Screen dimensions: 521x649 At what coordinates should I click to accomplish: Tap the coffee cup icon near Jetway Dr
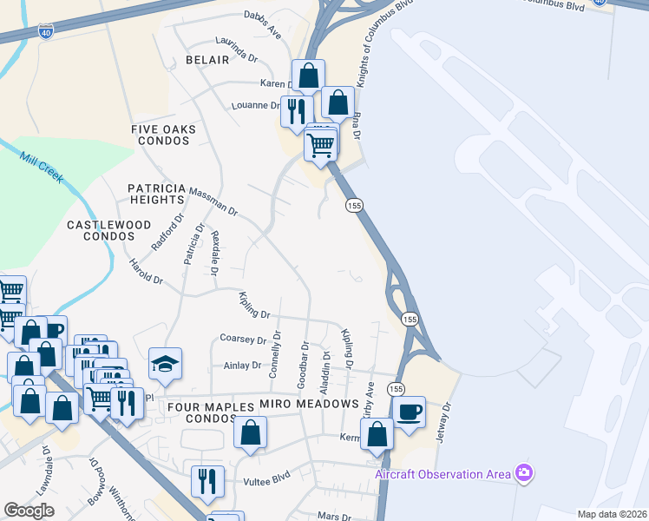click(x=409, y=412)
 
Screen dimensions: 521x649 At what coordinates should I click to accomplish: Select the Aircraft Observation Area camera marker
click(x=523, y=473)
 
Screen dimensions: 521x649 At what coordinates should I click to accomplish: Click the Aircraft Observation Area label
click(x=442, y=474)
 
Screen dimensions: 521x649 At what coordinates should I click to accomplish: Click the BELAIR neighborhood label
click(x=207, y=60)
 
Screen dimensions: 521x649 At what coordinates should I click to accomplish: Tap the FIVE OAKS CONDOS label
click(x=163, y=135)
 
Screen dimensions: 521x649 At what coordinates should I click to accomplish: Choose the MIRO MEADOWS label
click(x=309, y=405)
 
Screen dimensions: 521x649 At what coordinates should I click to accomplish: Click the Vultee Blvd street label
click(x=270, y=478)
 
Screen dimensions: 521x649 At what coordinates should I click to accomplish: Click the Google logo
click(x=29, y=510)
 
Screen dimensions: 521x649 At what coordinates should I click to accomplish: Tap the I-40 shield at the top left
click(x=46, y=32)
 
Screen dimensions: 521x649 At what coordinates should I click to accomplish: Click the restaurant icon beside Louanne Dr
click(x=296, y=109)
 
